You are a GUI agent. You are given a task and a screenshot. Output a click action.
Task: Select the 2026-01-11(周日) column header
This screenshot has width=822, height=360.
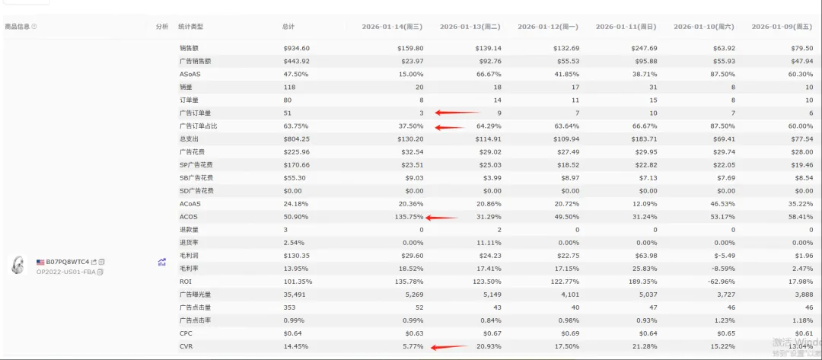click(x=626, y=27)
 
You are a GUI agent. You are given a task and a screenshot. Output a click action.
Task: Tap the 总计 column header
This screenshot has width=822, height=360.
click(x=288, y=27)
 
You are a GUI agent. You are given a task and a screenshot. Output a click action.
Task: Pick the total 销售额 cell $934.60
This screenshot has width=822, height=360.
click(x=296, y=48)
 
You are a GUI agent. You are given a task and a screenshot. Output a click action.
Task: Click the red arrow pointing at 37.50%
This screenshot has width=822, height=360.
click(x=450, y=126)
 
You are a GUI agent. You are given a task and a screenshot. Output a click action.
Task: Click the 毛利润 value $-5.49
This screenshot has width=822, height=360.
click(x=723, y=256)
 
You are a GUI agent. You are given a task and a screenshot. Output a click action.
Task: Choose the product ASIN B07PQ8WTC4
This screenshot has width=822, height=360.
click(x=68, y=262)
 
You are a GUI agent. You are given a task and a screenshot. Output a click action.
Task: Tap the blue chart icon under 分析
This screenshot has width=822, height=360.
click(x=161, y=262)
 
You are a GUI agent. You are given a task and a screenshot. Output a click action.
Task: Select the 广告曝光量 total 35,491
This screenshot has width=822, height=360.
click(x=295, y=295)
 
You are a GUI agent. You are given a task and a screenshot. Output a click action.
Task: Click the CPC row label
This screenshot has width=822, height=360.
click(x=185, y=333)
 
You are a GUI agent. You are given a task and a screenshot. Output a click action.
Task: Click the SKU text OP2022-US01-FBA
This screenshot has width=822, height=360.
click(x=66, y=272)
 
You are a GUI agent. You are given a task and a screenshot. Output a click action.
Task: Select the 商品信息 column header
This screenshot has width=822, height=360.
click(x=18, y=27)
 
